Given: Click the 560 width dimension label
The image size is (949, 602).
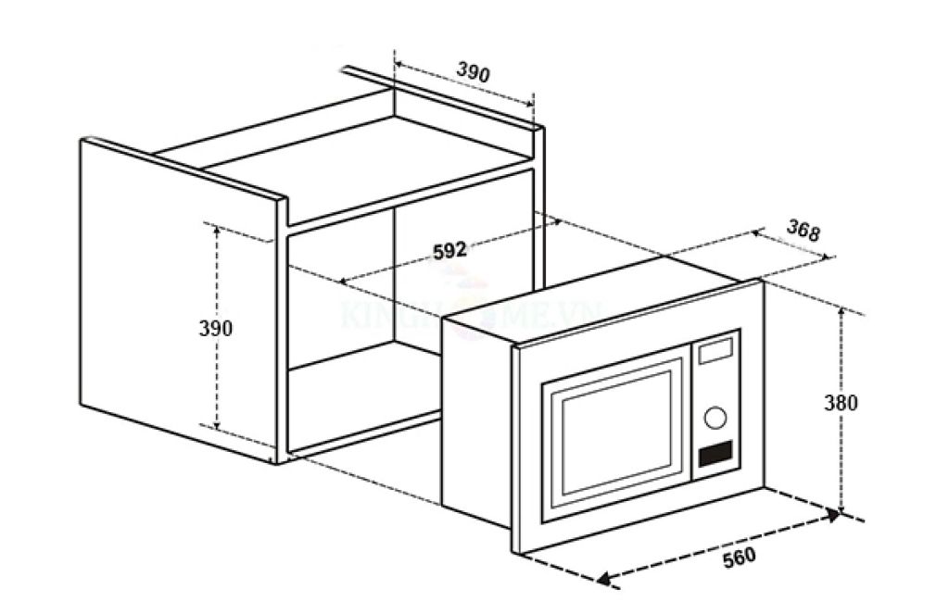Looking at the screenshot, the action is (x=740, y=556).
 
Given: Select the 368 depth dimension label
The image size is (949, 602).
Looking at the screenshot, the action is (x=803, y=231).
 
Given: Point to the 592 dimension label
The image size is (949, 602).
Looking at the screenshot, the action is (x=449, y=251).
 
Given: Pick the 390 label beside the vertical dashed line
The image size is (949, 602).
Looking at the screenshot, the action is (x=215, y=328).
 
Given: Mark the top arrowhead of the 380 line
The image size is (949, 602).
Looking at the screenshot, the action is (x=841, y=312).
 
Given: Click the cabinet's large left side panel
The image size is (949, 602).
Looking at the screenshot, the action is (x=176, y=296).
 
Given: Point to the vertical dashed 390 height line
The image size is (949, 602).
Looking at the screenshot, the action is (x=217, y=389).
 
